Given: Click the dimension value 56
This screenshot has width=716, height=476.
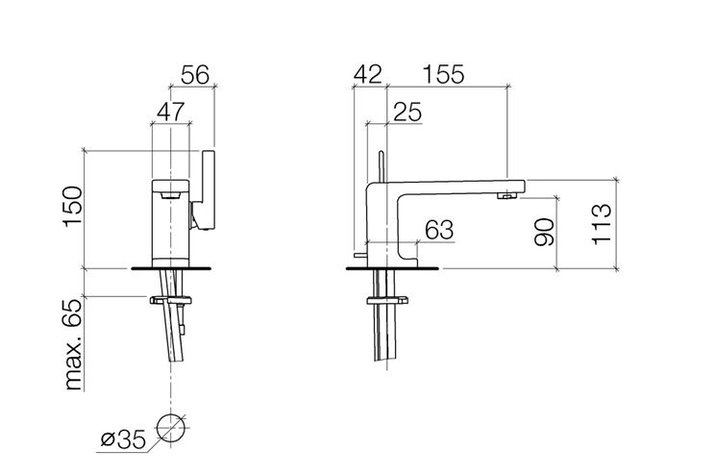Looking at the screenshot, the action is point(195,75).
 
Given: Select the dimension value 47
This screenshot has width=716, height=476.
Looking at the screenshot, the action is point(171,112).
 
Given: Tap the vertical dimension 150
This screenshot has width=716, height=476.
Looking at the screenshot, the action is point(73,206).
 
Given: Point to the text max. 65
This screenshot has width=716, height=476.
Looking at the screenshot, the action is point(73,344).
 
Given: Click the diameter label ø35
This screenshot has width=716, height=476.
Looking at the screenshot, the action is point(123,439).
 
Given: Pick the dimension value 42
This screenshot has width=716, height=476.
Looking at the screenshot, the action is point(367,74).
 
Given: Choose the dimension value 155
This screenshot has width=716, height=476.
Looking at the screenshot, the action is point(443,74).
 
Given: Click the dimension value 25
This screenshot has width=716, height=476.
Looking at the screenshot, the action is point(407,112).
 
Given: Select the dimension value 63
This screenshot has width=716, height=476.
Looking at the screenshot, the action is point(439,230).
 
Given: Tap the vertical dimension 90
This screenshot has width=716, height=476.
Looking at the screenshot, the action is point(544,232).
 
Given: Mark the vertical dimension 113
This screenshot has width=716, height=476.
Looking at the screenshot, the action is point(602,224).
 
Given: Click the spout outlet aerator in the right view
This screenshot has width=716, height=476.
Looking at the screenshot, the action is point(506,196).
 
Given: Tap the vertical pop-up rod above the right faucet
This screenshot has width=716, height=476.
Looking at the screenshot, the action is point(381,166).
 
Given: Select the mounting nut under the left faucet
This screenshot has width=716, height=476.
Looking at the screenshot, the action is point(171,300).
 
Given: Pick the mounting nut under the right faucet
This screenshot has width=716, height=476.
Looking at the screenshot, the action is point(386,300).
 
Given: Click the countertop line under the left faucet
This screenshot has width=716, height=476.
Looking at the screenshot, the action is point(171,268).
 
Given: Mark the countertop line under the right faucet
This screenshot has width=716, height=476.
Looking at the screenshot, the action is point(393,268).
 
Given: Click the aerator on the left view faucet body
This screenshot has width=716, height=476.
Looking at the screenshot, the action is point(171,195).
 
